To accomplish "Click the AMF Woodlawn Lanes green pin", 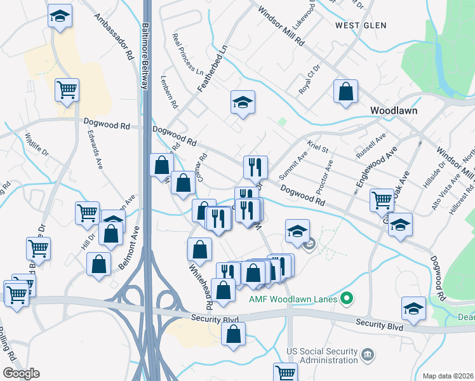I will pyautogui.click(x=346, y=298).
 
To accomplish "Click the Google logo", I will pyautogui.click(x=20, y=373).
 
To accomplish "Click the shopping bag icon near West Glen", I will pyautogui.click(x=345, y=91).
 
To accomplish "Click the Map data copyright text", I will pyautogui.click(x=448, y=376).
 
